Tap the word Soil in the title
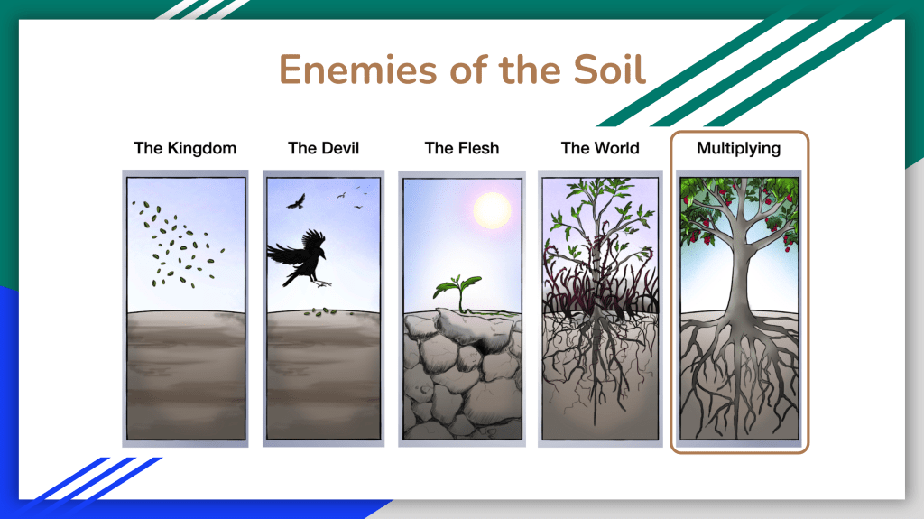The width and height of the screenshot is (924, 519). pos(610,70)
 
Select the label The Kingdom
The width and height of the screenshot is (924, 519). pos(185,148)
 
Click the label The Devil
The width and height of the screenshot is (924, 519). pos(324,148)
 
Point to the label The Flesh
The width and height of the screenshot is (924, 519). pos(462,148)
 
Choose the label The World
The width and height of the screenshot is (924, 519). pos(600,148)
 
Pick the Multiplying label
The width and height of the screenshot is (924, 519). pos(738,149)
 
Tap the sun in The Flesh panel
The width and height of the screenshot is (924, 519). pos(492,210)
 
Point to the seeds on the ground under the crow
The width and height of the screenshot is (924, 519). pos(321,312)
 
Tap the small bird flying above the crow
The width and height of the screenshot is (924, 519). pos(296,202)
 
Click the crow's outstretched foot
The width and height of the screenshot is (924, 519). pos(322,283)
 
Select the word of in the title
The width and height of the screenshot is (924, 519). pos(469,70)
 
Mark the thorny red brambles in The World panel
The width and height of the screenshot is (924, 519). pos(600,283)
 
